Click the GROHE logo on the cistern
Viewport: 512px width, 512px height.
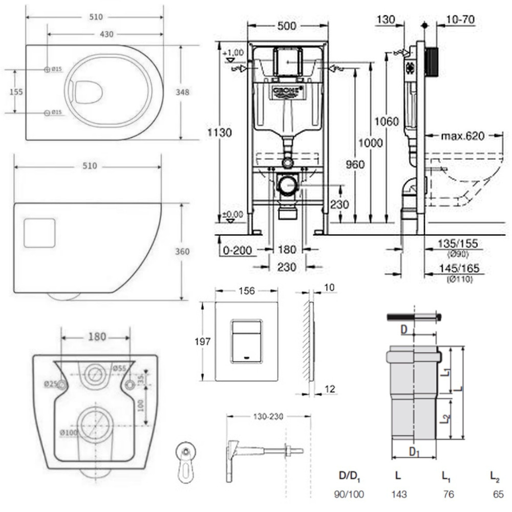coord(286,91)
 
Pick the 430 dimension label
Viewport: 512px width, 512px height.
coord(106,34)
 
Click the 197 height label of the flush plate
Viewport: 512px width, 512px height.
coord(204,342)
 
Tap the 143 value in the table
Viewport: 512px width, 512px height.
coord(398,495)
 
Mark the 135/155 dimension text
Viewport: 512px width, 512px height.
coord(459,242)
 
